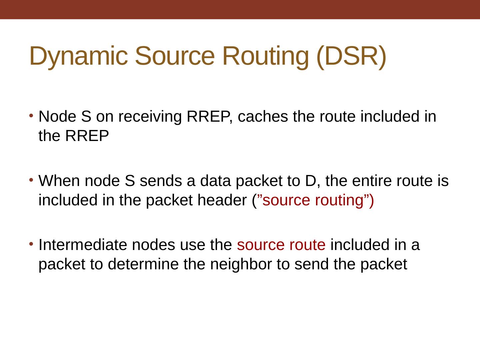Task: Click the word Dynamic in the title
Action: pos(78,56)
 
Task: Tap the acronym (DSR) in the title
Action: pos(351,56)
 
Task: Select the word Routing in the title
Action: pos(265,56)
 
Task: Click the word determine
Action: pos(142,264)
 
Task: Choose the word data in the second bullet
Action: pos(211,181)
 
